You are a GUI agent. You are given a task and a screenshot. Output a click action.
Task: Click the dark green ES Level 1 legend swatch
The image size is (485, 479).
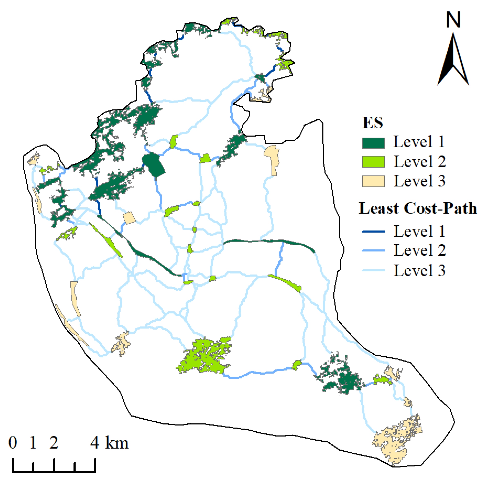point(373,143)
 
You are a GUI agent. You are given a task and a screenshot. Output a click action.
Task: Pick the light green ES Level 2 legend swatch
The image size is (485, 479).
point(373,162)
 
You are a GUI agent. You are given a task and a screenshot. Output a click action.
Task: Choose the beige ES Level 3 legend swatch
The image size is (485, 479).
point(373,181)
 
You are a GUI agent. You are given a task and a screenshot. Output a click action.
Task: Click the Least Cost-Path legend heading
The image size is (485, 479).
point(417,208)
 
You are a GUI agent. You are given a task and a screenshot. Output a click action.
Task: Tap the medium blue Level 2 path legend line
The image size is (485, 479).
point(373,251)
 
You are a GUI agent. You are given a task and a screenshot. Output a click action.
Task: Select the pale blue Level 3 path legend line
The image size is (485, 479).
point(373,270)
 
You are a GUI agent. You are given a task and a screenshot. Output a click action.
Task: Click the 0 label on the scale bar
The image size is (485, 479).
point(12,443)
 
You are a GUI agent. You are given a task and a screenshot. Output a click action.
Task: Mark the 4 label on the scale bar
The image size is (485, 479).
point(95,443)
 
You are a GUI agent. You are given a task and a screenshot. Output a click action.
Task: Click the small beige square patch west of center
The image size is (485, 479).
point(129,218)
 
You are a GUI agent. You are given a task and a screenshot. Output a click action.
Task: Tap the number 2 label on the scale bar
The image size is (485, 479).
point(54,443)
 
